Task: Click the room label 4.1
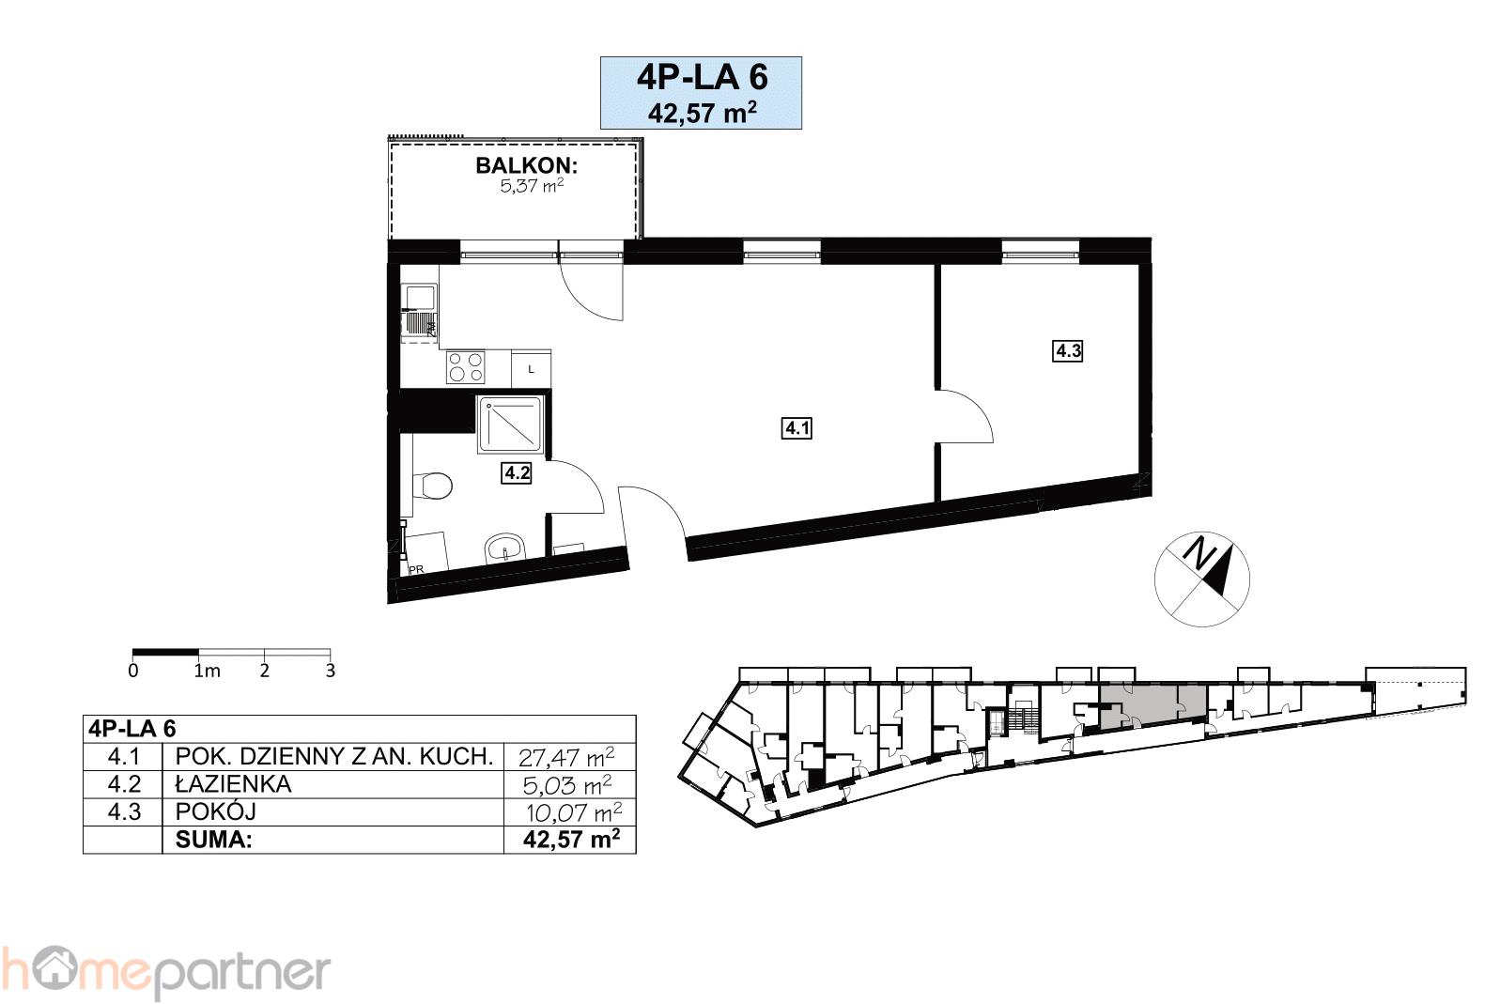tap(797, 428)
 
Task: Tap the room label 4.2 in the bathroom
tap(517, 472)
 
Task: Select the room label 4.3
tap(1068, 350)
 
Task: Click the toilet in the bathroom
tap(431, 486)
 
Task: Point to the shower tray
tap(510, 425)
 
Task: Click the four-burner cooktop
tap(465, 368)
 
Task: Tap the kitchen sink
tap(420, 313)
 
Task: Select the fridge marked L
tap(531, 369)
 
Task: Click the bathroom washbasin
tap(505, 548)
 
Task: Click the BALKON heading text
tap(526, 165)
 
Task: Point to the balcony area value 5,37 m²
tap(532, 186)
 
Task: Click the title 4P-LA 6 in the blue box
tap(702, 78)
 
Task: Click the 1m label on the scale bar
tap(207, 671)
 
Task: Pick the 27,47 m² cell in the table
tap(566, 757)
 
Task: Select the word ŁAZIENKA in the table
tap(233, 784)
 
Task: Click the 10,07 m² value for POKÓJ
tap(574, 811)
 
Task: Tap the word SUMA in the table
tap(213, 840)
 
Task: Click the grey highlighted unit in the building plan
tap(1152, 705)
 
